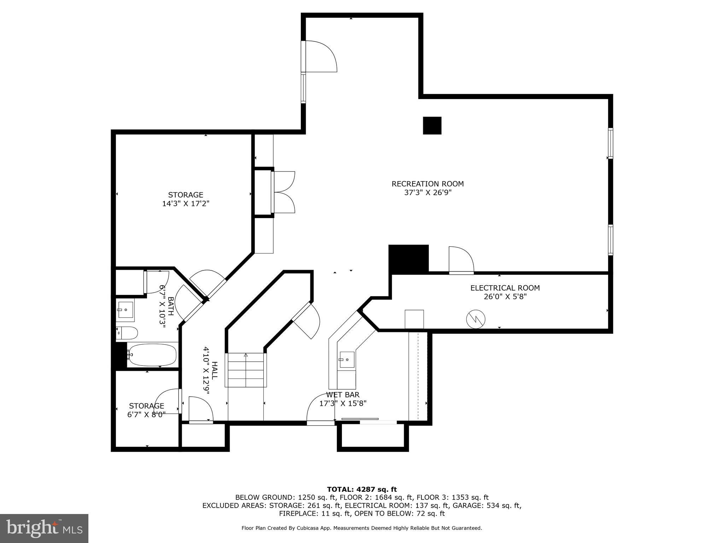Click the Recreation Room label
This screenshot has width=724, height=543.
coord(427,184)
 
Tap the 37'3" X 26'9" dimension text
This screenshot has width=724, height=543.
coord(428,193)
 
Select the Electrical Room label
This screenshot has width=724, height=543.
coord(505,288)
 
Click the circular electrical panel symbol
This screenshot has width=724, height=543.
coord(475,320)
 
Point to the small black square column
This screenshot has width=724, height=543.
coord(432,125)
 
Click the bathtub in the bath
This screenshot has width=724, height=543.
coord(152,355)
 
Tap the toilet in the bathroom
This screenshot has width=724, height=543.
coord(128,333)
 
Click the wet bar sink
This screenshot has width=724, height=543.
coord(347,360)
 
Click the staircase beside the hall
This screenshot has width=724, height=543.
coord(246,370)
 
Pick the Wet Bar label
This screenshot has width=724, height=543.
coord(343,395)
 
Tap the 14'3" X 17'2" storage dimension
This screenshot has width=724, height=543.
coord(186,204)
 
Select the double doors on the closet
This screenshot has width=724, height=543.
coord(284,192)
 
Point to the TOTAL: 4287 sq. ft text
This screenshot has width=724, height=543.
coord(362,489)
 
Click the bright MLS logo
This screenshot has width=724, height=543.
coord(44,529)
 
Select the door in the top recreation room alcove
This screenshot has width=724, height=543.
coord(320,57)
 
